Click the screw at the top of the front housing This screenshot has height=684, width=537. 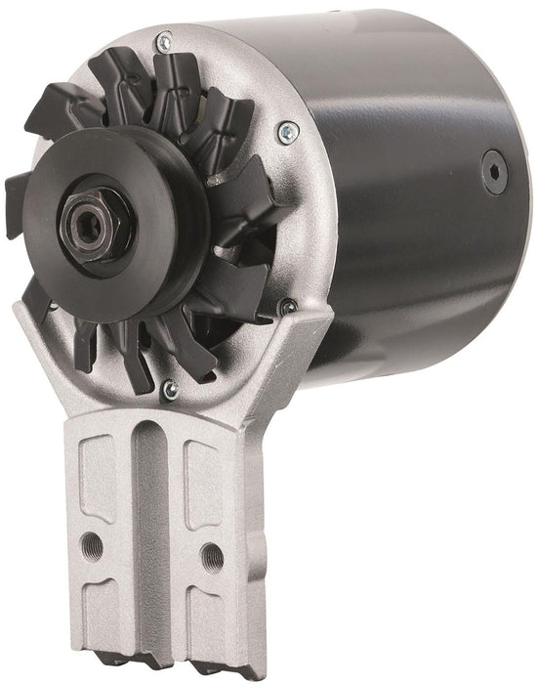click(163, 41)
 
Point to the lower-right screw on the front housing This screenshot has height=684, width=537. click(287, 309)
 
